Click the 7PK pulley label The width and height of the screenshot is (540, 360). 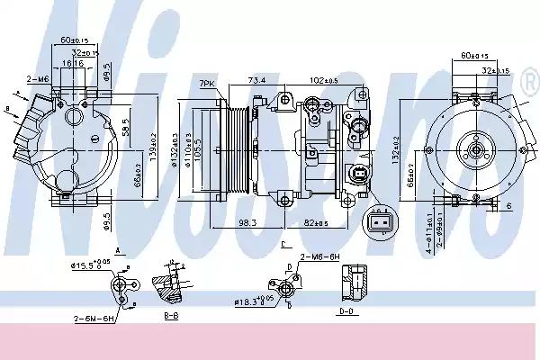[207, 85]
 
